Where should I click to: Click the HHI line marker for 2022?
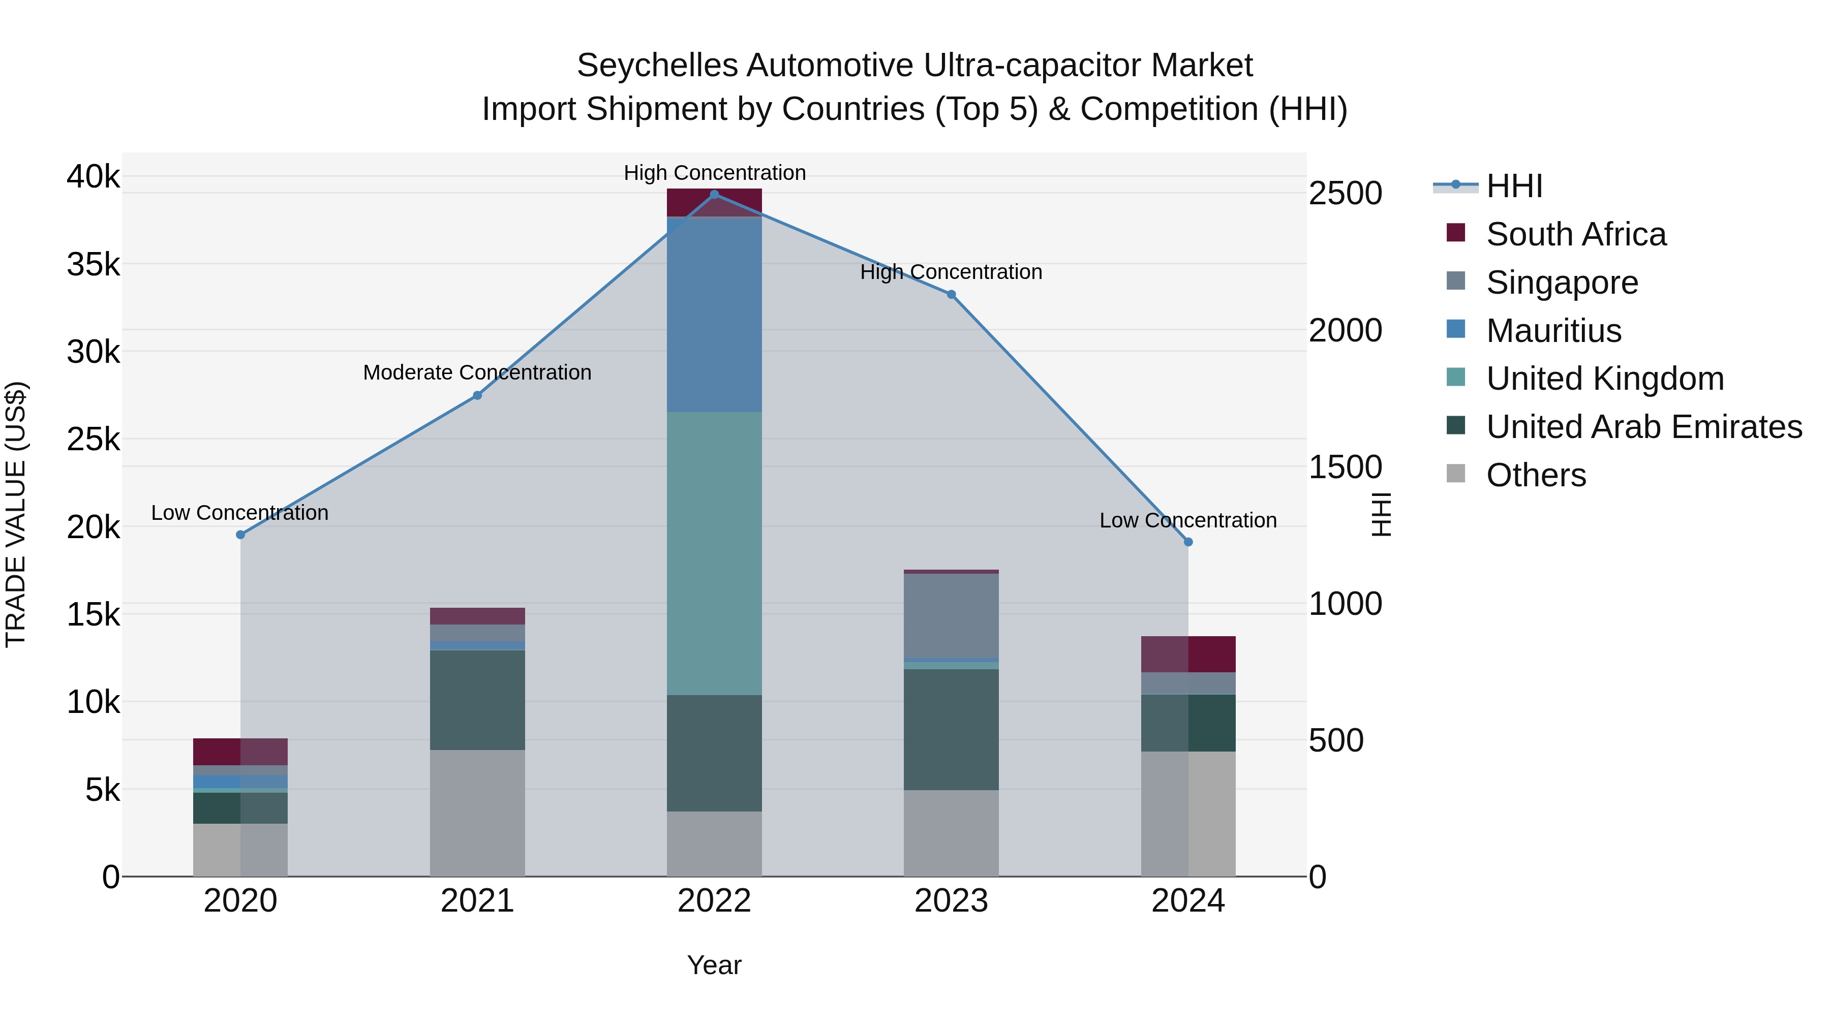[714, 195]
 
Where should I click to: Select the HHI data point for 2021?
[477, 395]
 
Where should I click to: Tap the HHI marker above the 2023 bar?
[951, 295]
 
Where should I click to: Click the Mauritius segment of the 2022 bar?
[714, 315]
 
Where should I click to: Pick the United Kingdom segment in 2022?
[714, 553]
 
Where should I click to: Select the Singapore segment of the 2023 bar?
[951, 616]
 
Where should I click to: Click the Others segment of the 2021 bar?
[477, 813]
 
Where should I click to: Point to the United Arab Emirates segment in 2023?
[951, 729]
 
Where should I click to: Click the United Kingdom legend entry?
[1604, 379]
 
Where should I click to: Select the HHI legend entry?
[1514, 186]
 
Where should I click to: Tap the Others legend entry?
[1535, 475]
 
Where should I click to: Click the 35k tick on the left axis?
[94, 264]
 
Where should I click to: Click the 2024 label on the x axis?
[1188, 901]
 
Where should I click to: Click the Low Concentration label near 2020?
[239, 513]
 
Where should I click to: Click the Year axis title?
[714, 965]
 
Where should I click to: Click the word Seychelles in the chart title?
[656, 66]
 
